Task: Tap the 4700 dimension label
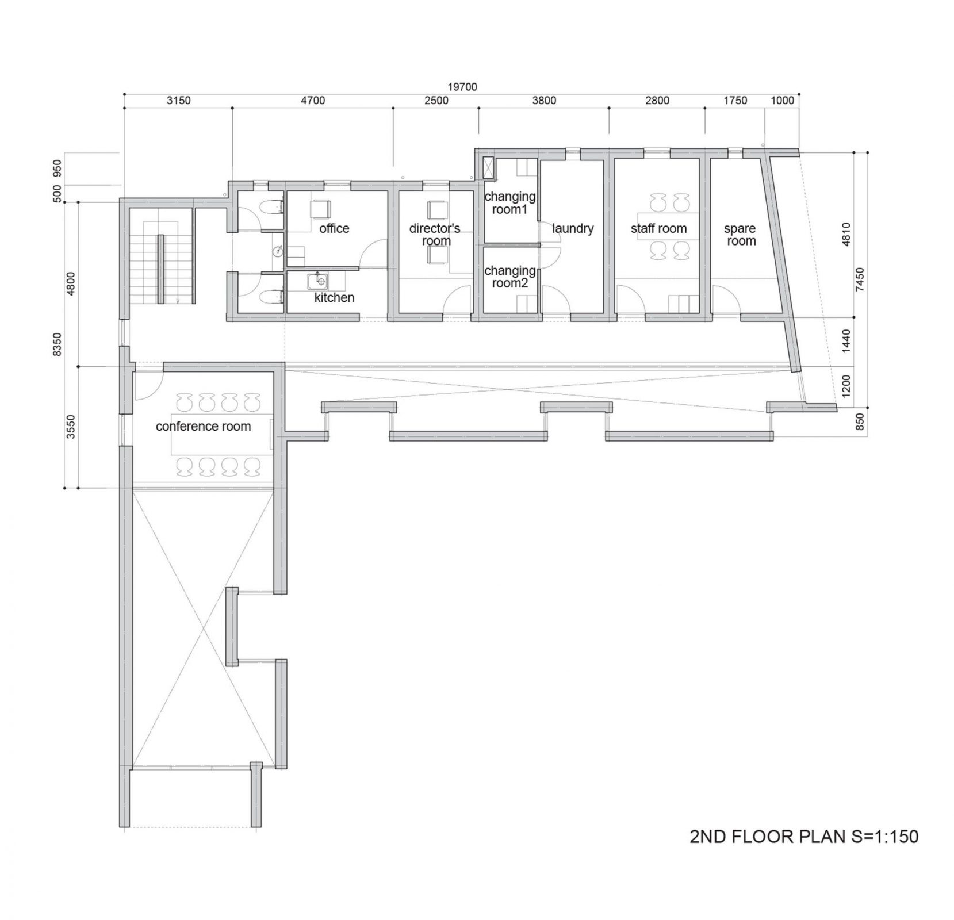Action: [312, 101]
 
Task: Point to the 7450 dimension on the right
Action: [860, 280]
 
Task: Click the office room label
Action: [334, 229]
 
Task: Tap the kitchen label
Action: [334, 298]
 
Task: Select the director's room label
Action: [435, 235]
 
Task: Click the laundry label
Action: [573, 229]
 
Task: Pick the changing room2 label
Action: [510, 277]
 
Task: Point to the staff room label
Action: [658, 229]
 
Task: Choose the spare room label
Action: [740, 235]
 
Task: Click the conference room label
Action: [204, 427]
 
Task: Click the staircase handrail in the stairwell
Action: [162, 269]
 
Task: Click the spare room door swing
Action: [726, 301]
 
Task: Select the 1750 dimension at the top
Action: [735, 101]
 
